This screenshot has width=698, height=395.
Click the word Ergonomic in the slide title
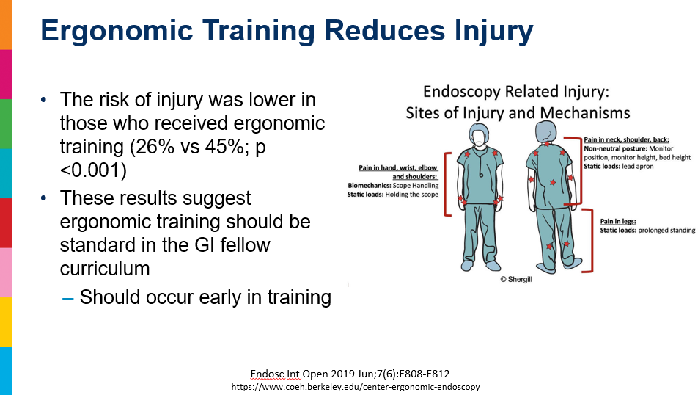117,31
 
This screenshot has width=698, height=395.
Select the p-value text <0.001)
93,170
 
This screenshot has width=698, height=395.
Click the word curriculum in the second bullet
105,269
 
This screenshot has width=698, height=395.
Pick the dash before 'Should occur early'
67,298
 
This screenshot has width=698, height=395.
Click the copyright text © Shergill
516,279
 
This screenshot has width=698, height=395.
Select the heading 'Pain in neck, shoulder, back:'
626,139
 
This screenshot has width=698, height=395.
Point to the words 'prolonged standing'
666,231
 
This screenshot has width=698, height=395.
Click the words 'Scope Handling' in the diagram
415,186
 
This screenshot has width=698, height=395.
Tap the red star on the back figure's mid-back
552,182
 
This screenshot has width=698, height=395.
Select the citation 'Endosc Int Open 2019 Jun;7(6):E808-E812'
350,374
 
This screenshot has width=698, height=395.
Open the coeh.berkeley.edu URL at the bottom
356,386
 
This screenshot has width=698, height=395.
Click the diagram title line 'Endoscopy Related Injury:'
516,91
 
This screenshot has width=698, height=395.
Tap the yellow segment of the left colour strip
6,322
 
